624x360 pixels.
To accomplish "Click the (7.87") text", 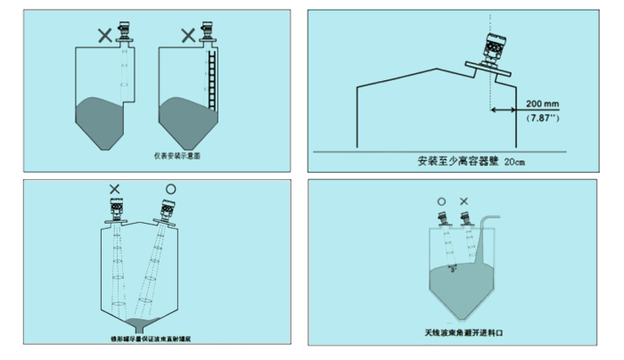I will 542,117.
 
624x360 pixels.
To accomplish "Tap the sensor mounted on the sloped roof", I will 492,47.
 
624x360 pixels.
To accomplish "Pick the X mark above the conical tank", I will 115,188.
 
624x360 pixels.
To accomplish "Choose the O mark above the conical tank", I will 171,188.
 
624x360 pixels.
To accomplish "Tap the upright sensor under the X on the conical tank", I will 117,211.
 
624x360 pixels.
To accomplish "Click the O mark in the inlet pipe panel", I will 441,202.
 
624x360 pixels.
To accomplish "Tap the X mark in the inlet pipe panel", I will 463,202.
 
